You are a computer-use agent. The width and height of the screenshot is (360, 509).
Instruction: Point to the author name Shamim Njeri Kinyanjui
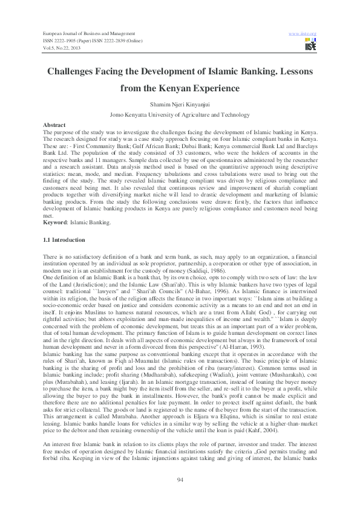click(x=180, y=103)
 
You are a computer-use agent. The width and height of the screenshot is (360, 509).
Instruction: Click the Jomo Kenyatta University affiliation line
click(x=180, y=114)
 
